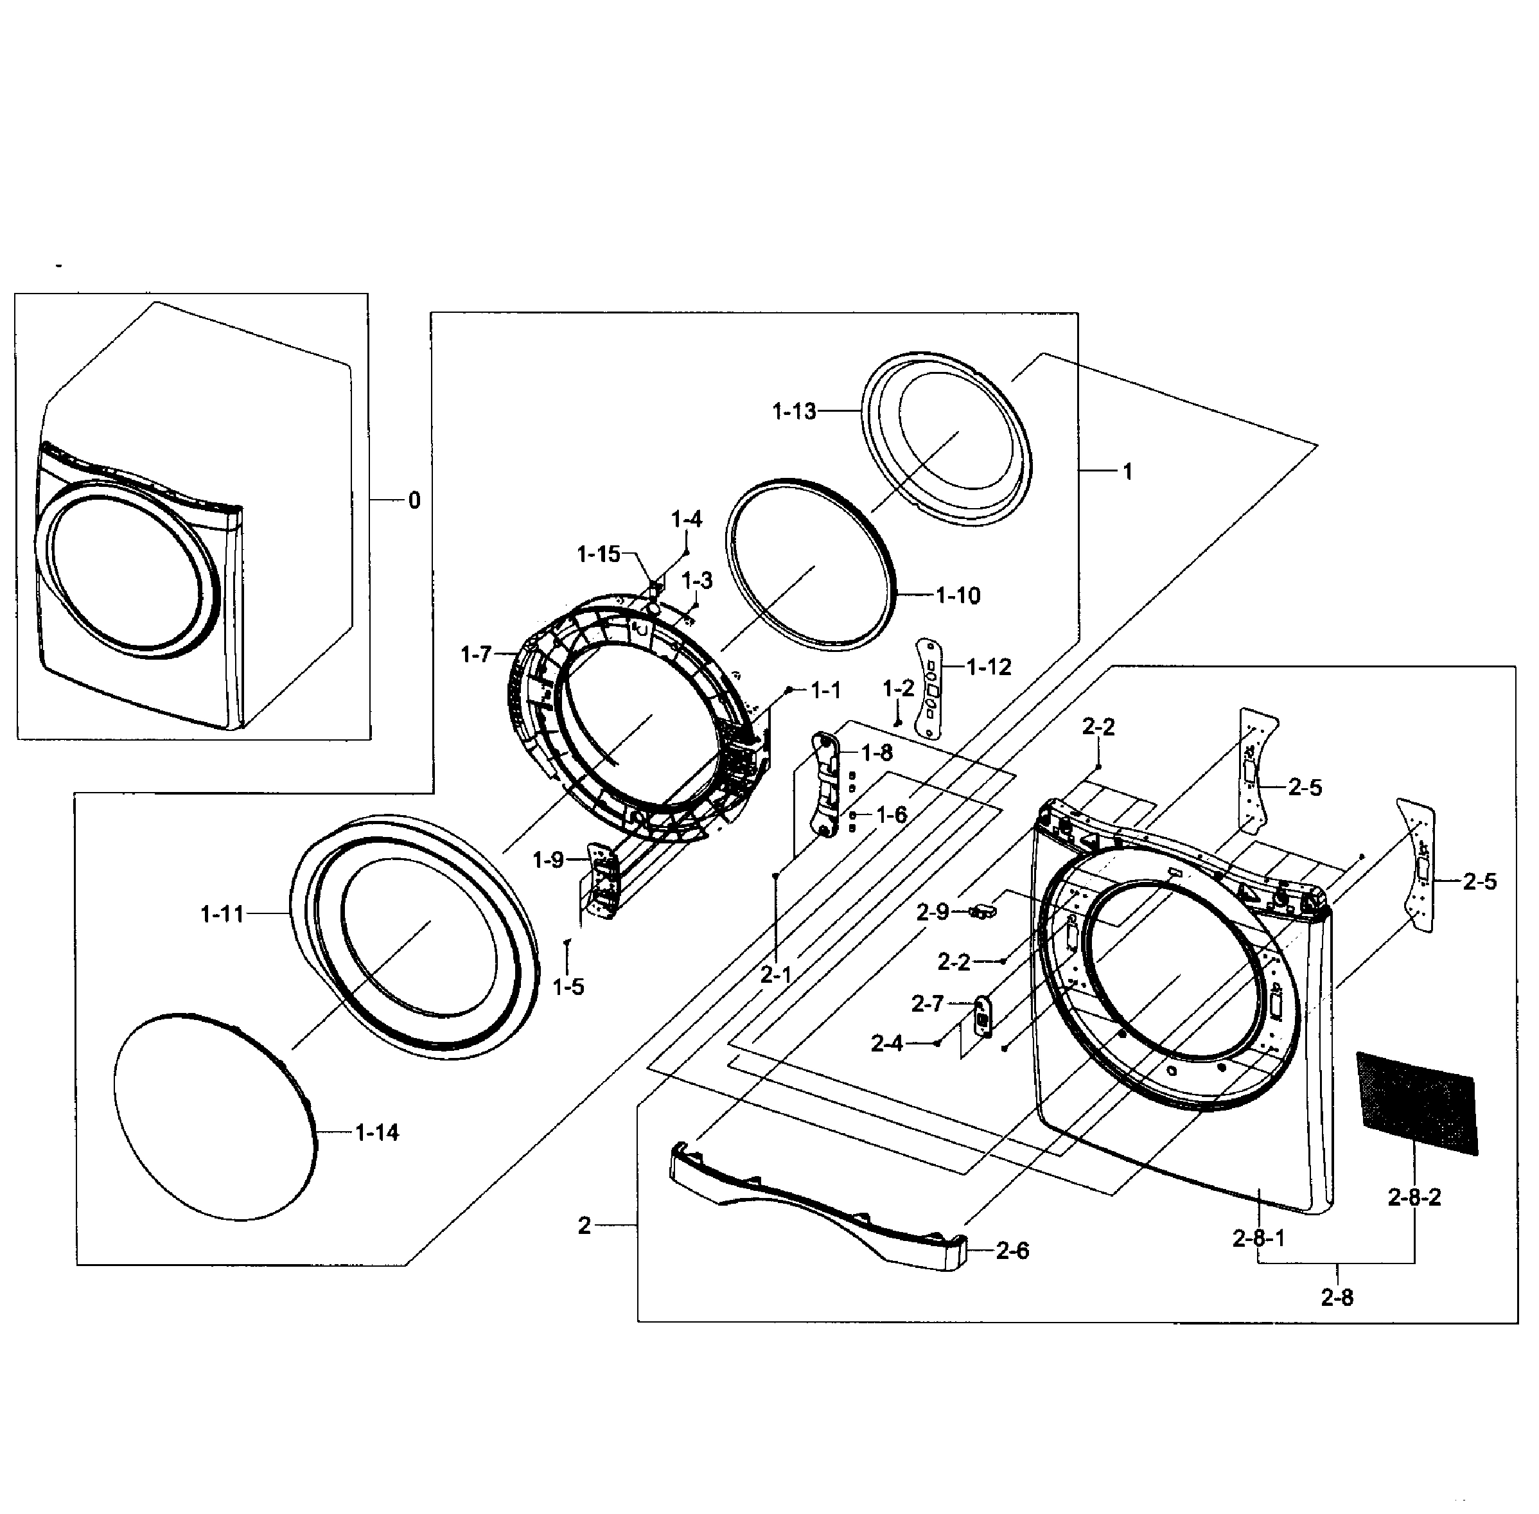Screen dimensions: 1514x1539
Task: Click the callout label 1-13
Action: [793, 411]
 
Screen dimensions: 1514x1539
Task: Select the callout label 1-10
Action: [957, 595]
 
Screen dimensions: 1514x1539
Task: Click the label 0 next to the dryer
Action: [414, 500]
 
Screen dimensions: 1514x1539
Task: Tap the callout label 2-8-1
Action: [1258, 1238]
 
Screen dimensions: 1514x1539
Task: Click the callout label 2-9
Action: [933, 912]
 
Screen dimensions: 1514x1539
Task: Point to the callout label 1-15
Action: [598, 554]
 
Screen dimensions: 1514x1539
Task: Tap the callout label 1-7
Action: [476, 655]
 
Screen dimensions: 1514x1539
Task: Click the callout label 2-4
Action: [886, 1043]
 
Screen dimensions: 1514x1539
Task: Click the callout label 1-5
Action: [568, 987]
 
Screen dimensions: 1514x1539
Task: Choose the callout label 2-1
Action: [776, 974]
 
